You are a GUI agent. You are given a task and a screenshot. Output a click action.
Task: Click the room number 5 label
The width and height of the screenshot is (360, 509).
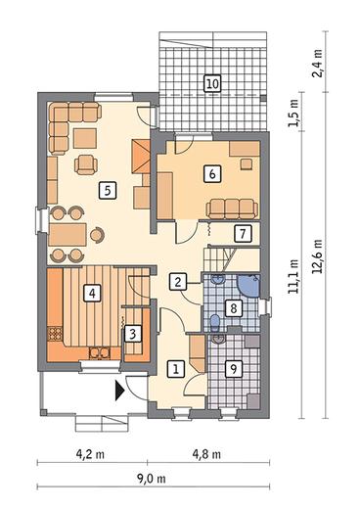tap(108, 190)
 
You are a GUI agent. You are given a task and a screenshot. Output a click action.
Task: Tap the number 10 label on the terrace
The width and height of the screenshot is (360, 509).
tap(212, 83)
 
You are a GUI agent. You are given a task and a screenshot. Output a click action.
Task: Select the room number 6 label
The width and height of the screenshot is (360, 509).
tap(212, 173)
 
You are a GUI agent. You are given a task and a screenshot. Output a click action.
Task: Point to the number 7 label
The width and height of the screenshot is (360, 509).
tap(243, 234)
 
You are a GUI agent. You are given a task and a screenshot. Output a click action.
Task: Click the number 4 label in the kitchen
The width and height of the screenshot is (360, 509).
tap(92, 293)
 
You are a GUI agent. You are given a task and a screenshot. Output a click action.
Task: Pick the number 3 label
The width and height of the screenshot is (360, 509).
tap(133, 334)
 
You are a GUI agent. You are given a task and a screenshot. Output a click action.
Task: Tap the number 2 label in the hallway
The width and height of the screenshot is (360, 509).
tap(178, 282)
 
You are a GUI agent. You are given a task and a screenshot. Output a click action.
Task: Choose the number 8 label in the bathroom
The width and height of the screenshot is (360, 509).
tap(234, 308)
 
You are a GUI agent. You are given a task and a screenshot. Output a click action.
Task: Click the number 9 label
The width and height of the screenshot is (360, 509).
tap(234, 369)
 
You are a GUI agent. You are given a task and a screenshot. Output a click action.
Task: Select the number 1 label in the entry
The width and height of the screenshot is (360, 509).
tap(176, 369)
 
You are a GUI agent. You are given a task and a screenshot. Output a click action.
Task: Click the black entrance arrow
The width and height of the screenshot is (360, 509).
tap(119, 390)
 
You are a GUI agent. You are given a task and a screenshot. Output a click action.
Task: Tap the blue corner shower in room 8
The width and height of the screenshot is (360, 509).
tap(248, 286)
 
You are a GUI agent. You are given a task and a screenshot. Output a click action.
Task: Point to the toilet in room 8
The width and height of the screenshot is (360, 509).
tap(215, 322)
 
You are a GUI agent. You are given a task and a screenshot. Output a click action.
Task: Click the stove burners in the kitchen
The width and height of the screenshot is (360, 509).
tap(55, 334)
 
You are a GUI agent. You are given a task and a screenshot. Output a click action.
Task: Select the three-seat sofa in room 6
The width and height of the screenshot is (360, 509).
tap(232, 208)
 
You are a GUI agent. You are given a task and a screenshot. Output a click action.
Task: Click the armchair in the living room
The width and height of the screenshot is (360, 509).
tap(86, 164)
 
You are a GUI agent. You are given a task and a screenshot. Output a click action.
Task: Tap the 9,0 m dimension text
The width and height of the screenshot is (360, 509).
tap(151, 479)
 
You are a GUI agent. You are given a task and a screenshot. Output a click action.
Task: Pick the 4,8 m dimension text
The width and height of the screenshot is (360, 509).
tap(206, 454)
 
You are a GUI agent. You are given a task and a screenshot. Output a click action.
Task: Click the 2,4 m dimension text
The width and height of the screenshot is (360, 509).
tap(317, 63)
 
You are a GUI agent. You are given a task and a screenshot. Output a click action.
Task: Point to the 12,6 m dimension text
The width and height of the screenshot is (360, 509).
tap(317, 256)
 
